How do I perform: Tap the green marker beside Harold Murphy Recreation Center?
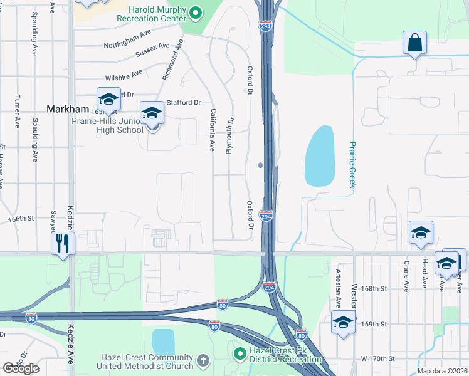click(196, 12)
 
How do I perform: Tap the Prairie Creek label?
click(352, 164)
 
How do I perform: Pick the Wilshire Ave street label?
click(124, 73)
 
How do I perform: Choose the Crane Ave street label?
click(407, 276)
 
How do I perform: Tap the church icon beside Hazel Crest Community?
click(202, 360)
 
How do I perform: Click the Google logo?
click(21, 368)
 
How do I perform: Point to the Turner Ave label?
click(18, 112)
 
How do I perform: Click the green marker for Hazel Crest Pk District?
click(240, 354)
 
